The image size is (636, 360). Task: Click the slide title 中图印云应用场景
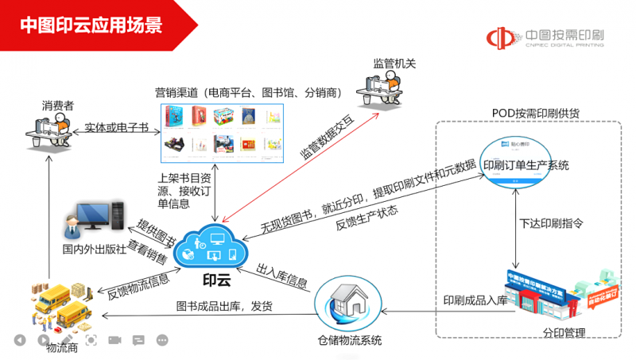(x=91, y=25)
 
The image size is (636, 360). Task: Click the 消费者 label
(x=58, y=106)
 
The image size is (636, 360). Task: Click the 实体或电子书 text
(x=115, y=127)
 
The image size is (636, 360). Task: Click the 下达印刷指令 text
(x=551, y=223)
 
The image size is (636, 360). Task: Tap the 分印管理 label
(x=564, y=333)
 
